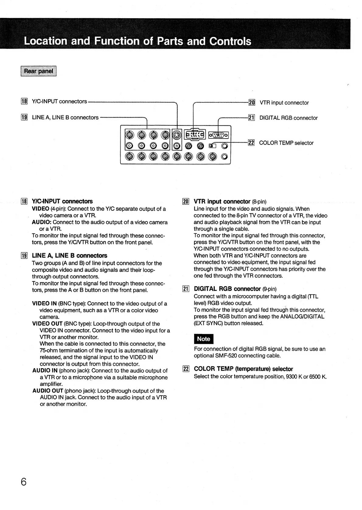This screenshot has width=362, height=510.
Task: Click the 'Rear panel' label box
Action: pos(39,71)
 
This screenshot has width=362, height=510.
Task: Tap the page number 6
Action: pos(24,482)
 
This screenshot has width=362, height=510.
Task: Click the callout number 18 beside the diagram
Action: pos(24,102)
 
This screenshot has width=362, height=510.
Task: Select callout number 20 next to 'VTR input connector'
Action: pos(252,103)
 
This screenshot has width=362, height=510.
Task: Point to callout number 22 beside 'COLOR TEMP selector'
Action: pos(251,143)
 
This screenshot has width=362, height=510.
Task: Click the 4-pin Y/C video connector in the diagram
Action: pos(177,134)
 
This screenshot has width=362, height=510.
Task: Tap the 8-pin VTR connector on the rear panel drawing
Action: pos(195,134)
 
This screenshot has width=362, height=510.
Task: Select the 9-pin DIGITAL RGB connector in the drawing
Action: pos(218,135)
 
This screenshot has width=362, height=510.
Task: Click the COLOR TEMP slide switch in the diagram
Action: pos(212,146)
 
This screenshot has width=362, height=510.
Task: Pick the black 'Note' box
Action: pos(204,339)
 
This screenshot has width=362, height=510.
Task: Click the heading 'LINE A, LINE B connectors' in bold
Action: pos(69,256)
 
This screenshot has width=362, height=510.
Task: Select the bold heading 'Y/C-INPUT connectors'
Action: pos(62,201)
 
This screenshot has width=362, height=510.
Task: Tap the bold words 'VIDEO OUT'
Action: pos(47,324)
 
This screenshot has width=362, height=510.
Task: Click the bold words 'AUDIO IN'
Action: pos(45,371)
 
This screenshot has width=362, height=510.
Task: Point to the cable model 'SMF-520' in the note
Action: pos(226,355)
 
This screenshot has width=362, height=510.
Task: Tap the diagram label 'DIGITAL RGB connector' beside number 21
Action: pos(288,118)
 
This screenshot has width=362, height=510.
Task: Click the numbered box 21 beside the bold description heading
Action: pos(186,289)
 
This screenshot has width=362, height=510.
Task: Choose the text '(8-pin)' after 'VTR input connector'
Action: pos(259,202)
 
